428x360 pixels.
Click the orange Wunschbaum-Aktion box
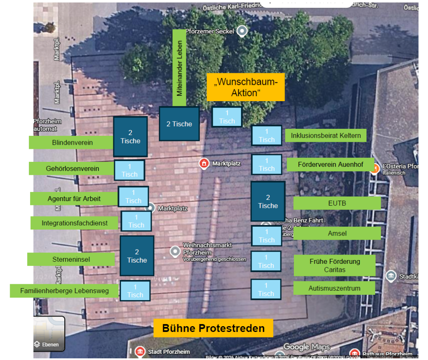pyautogui.click(x=245, y=87)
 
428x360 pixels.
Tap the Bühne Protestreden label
pyautogui.click(x=213, y=328)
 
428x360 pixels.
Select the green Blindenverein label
pyautogui.click(x=72, y=143)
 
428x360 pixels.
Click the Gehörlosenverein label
pyautogui.click(x=72, y=169)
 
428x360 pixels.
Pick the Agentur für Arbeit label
pyautogui.click(x=74, y=199)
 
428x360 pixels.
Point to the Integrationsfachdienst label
pyautogui.click(x=74, y=223)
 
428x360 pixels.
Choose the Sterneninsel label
pyautogui.click(x=71, y=259)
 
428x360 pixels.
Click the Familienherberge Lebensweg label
pyautogui.click(x=64, y=291)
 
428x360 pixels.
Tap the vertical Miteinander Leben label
pyautogui.click(x=179, y=68)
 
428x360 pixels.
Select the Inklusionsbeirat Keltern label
pyautogui.click(x=326, y=135)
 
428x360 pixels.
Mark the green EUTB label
pyautogui.click(x=337, y=203)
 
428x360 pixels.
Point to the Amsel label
pyautogui.click(x=337, y=233)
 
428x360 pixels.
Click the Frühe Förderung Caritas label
pyautogui.click(x=334, y=266)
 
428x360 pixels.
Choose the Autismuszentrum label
pyautogui.click(x=334, y=288)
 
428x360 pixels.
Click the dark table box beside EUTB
pyautogui.click(x=268, y=201)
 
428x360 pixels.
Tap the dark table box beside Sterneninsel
pyautogui.click(x=137, y=256)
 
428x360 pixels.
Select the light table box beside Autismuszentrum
pyautogui.click(x=266, y=289)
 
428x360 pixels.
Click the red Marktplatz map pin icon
pyautogui.click(x=204, y=163)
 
